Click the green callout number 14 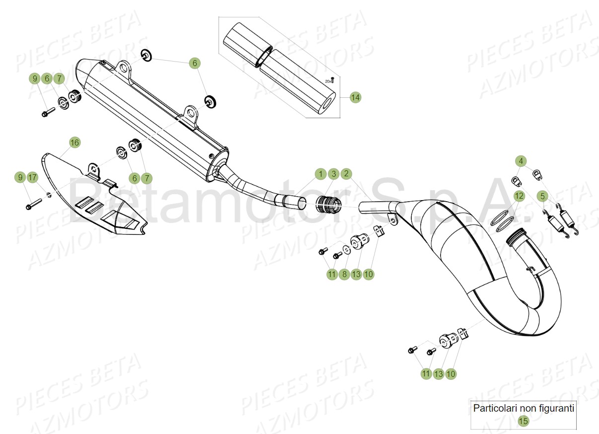(355, 97)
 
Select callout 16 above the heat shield (74, 143)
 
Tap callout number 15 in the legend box (523, 421)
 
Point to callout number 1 (321, 174)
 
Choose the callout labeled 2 (347, 174)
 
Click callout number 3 (334, 174)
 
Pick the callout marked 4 (521, 161)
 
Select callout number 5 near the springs (542, 196)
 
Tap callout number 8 (344, 274)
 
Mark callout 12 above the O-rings (519, 196)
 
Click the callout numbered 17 (32, 177)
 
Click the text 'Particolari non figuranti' (524, 409)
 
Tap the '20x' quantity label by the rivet (328, 80)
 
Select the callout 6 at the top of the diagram (195, 63)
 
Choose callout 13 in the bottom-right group (438, 374)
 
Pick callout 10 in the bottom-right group (450, 374)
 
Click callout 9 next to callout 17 (20, 177)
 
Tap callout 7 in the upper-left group (59, 78)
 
